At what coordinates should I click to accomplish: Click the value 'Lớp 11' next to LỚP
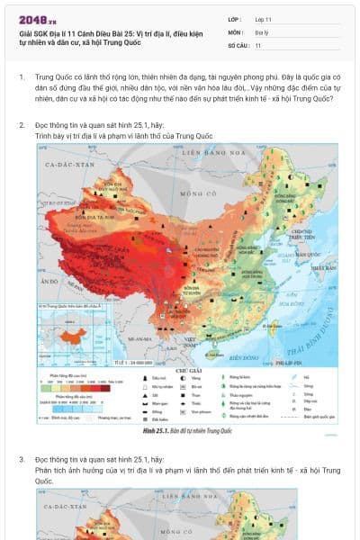tap(265, 19)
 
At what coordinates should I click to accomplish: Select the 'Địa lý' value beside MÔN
tap(261, 31)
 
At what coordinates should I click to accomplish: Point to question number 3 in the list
tap(22, 459)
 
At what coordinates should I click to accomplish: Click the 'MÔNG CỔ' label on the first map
tap(192, 193)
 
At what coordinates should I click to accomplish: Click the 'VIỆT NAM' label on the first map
tap(192, 339)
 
